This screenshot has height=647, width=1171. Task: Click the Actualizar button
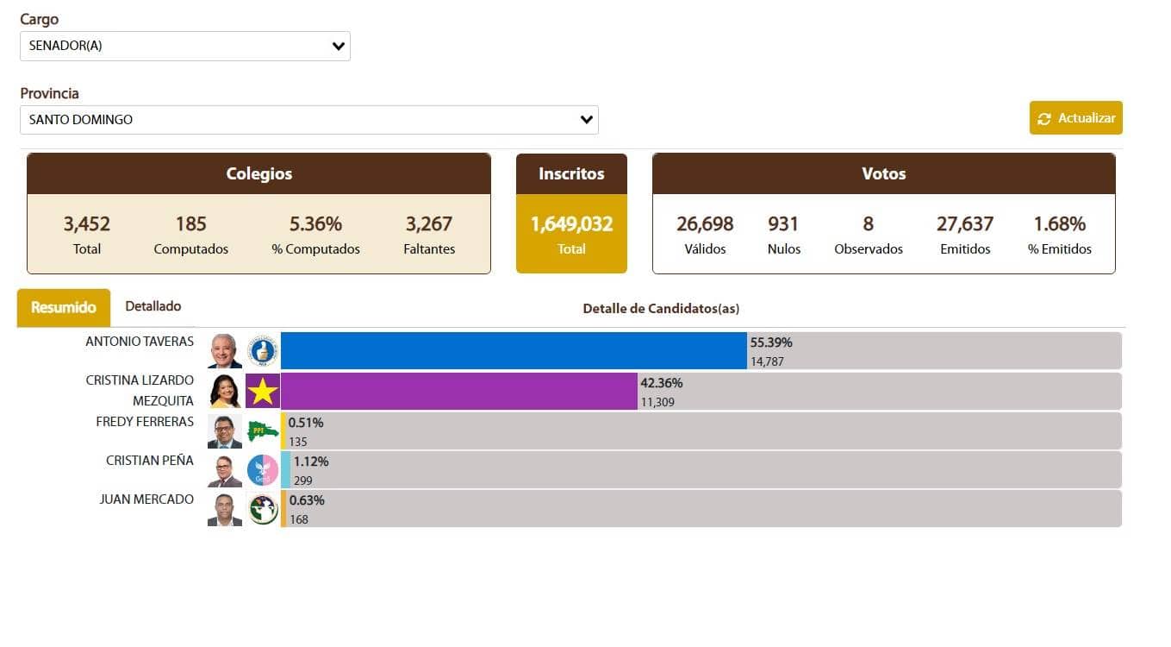point(1075,118)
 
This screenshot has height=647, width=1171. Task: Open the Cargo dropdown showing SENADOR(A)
point(184,47)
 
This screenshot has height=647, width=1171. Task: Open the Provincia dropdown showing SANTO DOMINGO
point(308,120)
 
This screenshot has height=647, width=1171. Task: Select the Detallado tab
point(153,306)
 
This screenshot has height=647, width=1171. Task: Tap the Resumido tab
point(63,308)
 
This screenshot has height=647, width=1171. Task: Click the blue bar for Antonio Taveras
point(514,351)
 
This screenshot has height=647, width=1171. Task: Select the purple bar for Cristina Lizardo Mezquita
point(458,391)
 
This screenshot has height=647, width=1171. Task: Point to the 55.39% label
point(771,342)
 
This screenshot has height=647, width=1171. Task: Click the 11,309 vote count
point(657,402)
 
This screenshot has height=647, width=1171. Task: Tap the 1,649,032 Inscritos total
point(571,224)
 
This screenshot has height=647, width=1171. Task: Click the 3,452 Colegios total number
point(86,224)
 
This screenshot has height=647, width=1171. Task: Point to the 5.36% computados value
point(315,224)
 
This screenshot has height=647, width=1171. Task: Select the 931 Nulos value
point(783,224)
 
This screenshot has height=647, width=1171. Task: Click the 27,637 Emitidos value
point(965,224)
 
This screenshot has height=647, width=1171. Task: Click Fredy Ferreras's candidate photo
point(225,431)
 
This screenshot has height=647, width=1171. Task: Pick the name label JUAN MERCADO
point(146,499)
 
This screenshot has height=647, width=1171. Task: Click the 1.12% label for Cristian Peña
point(311,462)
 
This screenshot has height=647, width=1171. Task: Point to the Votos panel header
point(883,173)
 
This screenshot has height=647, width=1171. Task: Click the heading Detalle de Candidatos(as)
point(661,308)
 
